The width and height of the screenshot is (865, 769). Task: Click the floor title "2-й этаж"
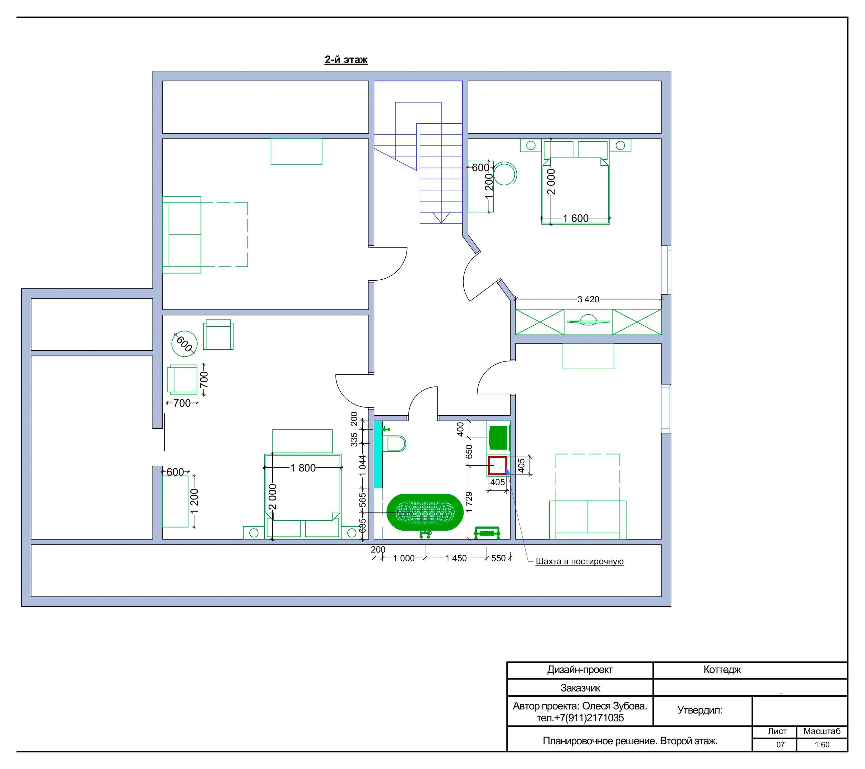[346, 60]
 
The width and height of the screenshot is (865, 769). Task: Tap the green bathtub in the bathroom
[425, 512]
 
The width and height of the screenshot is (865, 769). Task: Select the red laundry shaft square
[497, 465]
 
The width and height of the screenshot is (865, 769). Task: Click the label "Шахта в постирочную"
[579, 561]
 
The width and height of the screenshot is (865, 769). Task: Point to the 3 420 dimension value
[588, 299]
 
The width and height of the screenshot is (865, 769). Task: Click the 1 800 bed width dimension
[302, 468]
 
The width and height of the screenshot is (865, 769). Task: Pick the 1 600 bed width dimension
[575, 218]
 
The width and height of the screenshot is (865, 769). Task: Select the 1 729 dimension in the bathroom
[469, 502]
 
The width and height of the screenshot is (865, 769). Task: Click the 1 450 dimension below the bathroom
[456, 558]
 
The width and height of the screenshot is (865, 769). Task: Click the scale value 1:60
[822, 756]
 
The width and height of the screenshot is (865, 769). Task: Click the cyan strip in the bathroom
[378, 455]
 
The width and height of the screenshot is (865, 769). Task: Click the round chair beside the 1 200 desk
[505, 173]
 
